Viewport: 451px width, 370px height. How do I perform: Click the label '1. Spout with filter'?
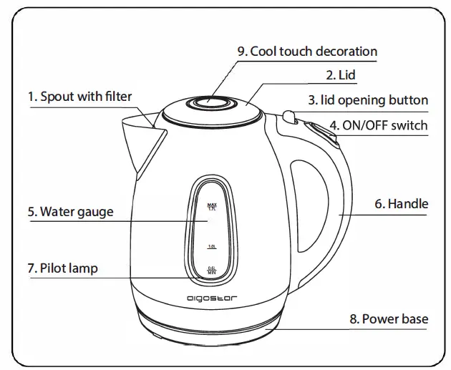point(79,96)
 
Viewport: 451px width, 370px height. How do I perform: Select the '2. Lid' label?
point(340,74)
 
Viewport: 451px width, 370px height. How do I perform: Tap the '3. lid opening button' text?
point(367,100)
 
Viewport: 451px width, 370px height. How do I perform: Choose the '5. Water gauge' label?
point(70,212)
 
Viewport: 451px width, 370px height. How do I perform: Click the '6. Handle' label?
point(400,204)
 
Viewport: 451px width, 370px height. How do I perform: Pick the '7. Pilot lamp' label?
point(62,269)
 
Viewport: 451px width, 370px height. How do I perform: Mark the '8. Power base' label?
point(388,319)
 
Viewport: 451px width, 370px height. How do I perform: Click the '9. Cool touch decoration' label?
point(307,52)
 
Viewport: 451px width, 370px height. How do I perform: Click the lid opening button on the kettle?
point(288,115)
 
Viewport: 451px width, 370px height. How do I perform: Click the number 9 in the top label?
point(242,52)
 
